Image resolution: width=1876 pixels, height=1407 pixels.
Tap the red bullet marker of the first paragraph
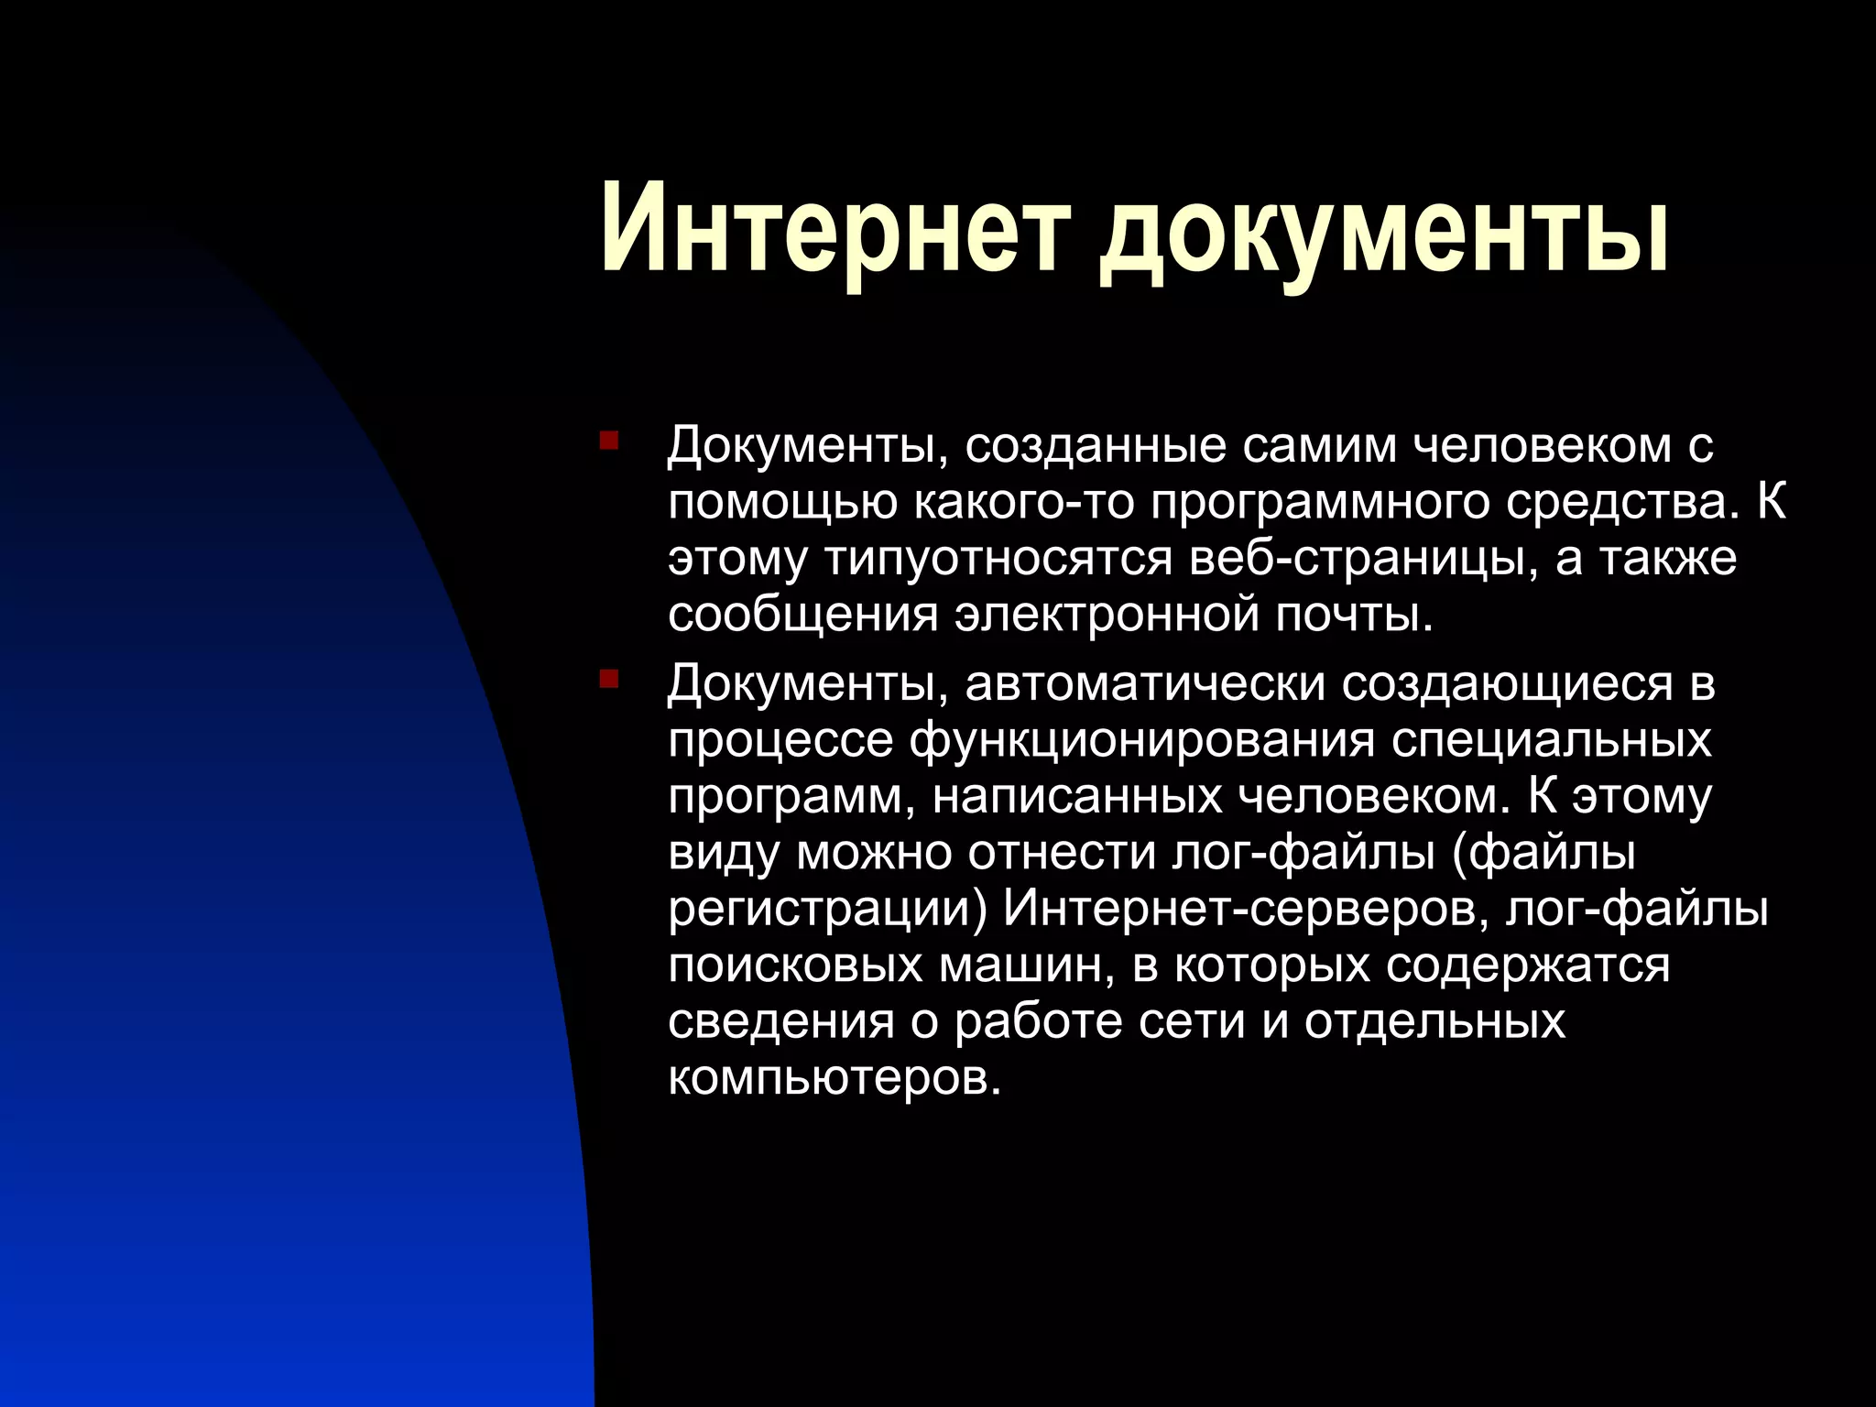click(609, 442)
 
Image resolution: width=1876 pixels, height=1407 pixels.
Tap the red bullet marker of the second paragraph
click(609, 680)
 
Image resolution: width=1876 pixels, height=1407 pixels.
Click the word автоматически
click(1146, 683)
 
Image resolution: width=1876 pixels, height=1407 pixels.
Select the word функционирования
click(1141, 740)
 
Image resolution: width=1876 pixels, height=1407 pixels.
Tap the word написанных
click(1077, 796)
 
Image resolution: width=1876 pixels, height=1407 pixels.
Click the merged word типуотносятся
click(999, 559)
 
